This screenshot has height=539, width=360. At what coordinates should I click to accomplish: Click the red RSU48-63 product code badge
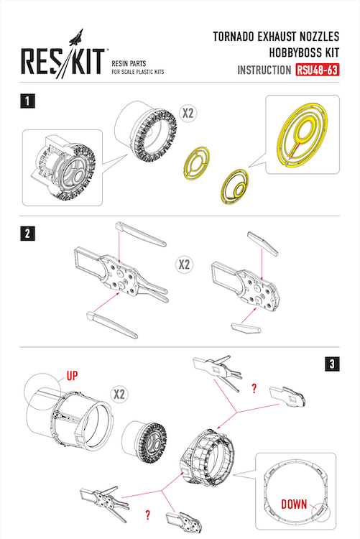(317, 70)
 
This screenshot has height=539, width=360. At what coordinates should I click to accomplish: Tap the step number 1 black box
(27, 101)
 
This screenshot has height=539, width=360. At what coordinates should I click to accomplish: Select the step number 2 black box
(27, 234)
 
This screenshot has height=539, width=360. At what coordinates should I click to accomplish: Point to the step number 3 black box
(332, 364)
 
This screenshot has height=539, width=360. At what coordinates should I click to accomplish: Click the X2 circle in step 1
(188, 113)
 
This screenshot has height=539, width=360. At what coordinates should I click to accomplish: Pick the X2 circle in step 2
(184, 264)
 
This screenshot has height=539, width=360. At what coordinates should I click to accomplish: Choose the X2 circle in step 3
(119, 394)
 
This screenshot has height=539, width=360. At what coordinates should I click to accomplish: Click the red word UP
(72, 376)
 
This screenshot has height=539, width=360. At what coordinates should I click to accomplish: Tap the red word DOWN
(294, 505)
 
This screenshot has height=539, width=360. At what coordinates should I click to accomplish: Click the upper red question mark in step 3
(254, 389)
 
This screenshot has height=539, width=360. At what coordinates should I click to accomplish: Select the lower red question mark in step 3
(147, 515)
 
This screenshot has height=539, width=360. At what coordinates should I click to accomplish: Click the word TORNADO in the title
(234, 37)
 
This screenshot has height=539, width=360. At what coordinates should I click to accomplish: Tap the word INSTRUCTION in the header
(264, 70)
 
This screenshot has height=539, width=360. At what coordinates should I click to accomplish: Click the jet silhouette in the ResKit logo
(76, 37)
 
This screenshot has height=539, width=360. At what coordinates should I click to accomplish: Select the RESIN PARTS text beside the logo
(129, 63)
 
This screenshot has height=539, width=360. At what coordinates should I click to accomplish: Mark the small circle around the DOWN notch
(320, 512)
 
